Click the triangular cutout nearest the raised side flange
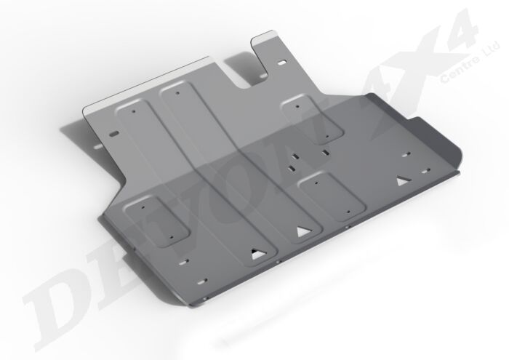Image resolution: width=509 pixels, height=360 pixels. (x=401, y=180)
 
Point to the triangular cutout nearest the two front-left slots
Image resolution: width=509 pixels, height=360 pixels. (x=255, y=254)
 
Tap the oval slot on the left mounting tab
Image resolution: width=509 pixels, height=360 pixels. (x=113, y=133)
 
